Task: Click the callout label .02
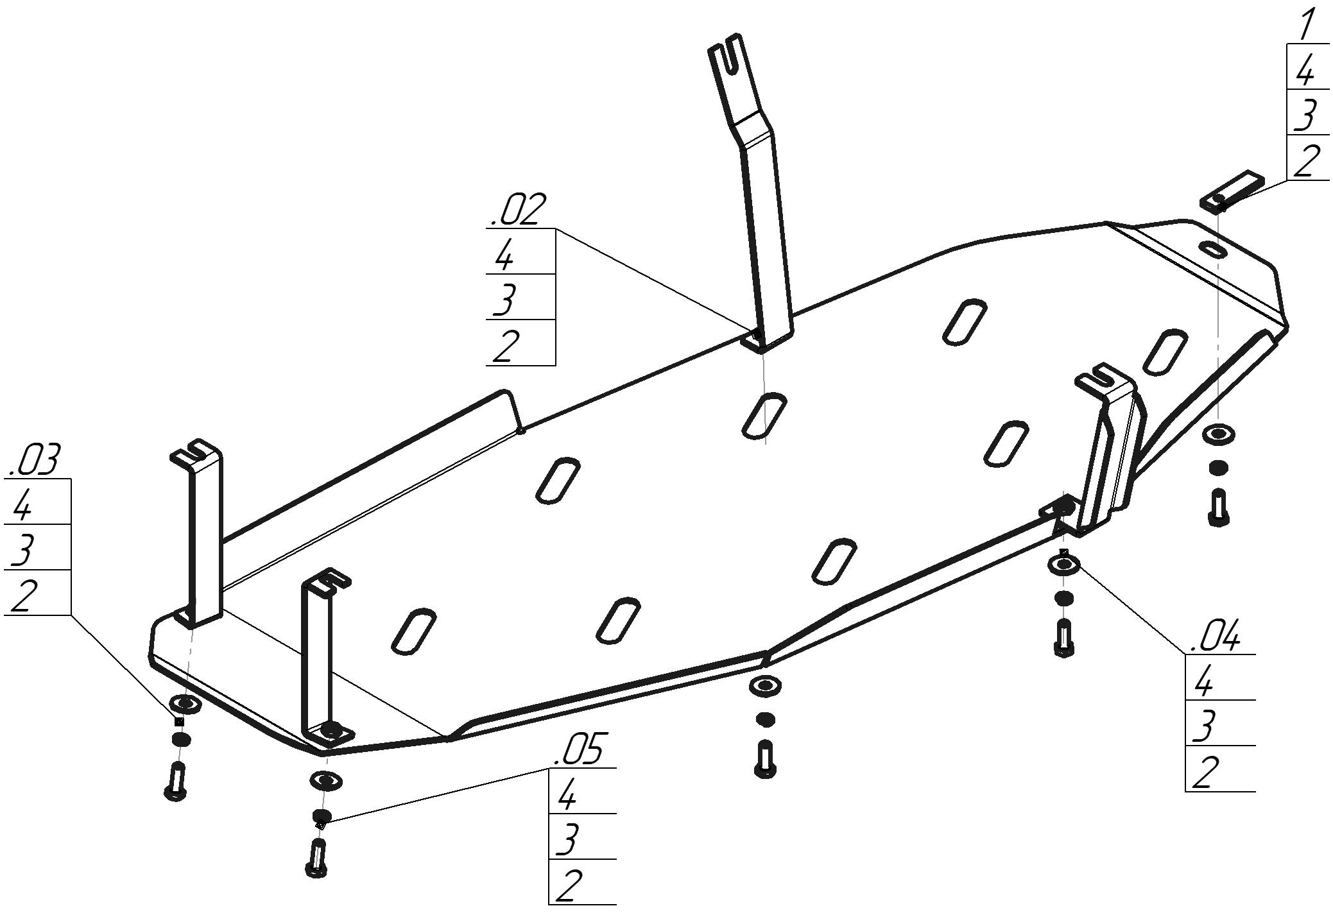click(518, 210)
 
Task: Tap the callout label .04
click(1215, 637)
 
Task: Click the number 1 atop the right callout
click(1304, 24)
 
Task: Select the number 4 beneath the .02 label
click(504, 256)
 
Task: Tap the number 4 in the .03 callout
click(21, 506)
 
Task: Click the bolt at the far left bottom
click(176, 781)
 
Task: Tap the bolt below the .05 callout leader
click(318, 858)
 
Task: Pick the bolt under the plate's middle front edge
click(765, 759)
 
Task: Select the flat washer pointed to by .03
click(185, 703)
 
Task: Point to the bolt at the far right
click(1218, 508)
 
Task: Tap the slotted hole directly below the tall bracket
click(763, 415)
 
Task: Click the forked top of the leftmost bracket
click(195, 452)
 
